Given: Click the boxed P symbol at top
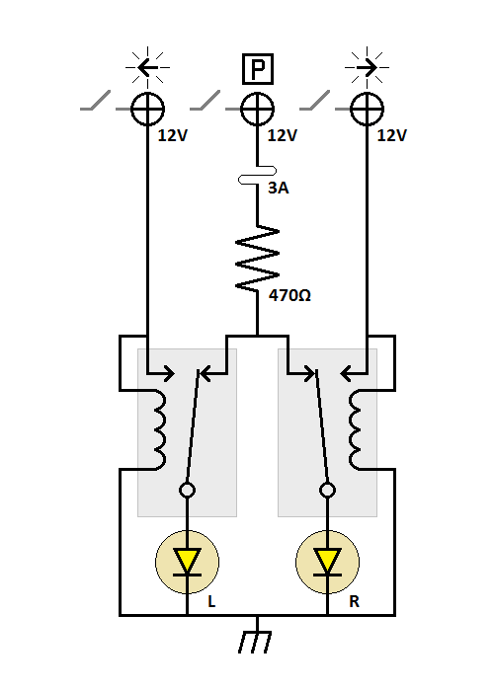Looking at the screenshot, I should pyautogui.click(x=258, y=69).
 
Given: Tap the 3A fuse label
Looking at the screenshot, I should pyautogui.click(x=279, y=188).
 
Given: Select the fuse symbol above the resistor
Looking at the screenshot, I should pyautogui.click(x=257, y=180).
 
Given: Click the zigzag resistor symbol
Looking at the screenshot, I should pyautogui.click(x=257, y=258).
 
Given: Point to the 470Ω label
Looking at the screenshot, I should pyautogui.click(x=291, y=293).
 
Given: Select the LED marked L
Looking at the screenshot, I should pyautogui.click(x=187, y=561).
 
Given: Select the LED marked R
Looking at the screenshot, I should pyautogui.click(x=327, y=561).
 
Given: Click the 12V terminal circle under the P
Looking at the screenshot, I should pyautogui.click(x=257, y=107).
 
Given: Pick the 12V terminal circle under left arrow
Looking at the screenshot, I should pyautogui.click(x=147, y=107).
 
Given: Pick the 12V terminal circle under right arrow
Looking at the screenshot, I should pyautogui.click(x=368, y=107).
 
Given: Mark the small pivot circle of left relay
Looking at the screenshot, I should pyautogui.click(x=187, y=490).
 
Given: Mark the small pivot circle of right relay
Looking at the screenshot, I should pyautogui.click(x=327, y=490).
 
